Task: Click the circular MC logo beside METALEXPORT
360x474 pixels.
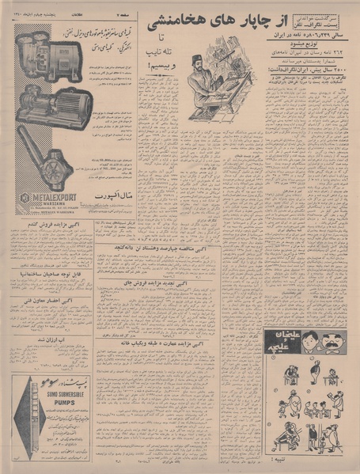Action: pos(24,198)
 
